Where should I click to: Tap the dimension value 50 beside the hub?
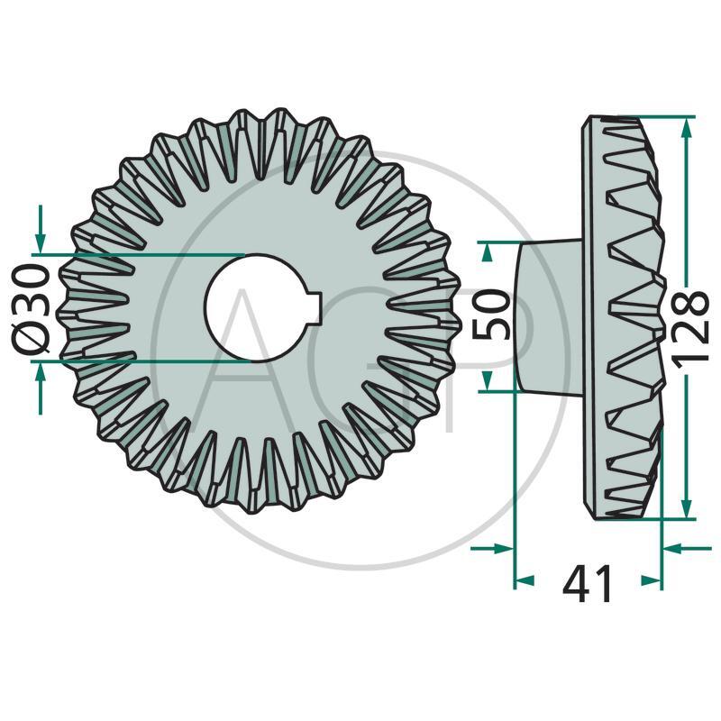[492, 315]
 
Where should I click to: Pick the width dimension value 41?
[588, 585]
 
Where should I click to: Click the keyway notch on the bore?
[315, 307]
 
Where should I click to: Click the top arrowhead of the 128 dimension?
[687, 129]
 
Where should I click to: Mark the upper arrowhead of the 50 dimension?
[488, 252]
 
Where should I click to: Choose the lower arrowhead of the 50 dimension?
[488, 379]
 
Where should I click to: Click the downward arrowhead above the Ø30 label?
[40, 243]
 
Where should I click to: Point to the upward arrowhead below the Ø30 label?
[40, 372]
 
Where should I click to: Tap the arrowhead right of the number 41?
[650, 581]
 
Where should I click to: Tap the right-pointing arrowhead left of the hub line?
[501, 547]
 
